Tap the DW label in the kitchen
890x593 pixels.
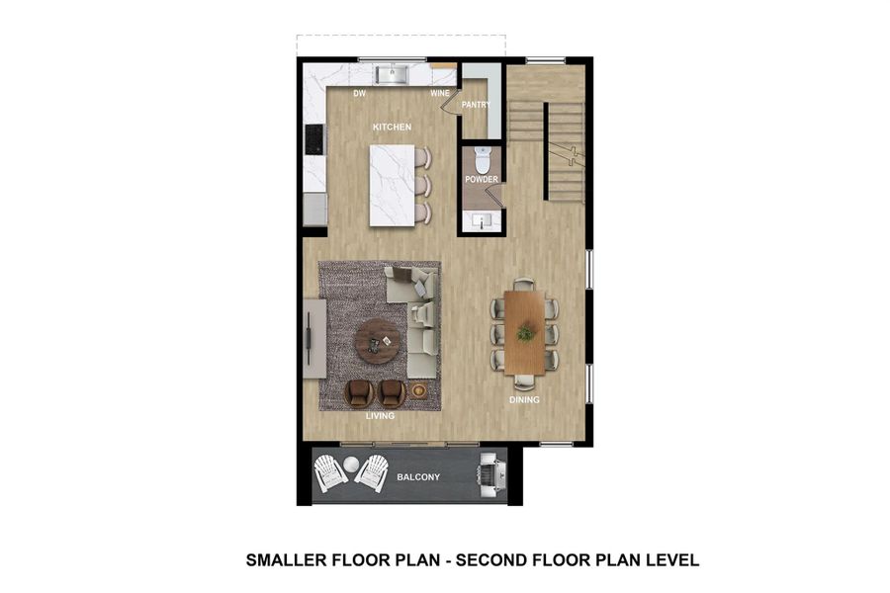coord(361,94)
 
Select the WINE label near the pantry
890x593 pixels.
coord(440,94)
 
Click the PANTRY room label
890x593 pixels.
coord(477,104)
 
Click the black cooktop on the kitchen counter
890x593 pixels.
coord(314,138)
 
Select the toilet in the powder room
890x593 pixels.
coord(483,158)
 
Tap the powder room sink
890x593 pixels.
coord(483,219)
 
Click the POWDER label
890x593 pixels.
coord(482,180)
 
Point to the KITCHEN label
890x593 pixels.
coord(392,127)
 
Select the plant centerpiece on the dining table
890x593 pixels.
coord(525,333)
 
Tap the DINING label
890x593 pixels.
coord(524,400)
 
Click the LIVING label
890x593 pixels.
coord(380,416)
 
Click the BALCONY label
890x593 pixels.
coord(418,477)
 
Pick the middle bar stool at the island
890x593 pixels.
coord(423,185)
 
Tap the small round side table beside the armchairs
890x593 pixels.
coord(419,391)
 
